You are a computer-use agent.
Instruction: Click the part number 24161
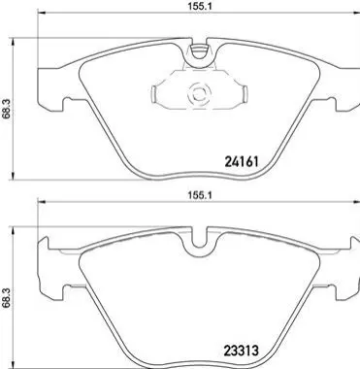pyautogui.click(x=241, y=161)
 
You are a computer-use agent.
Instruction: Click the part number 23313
pyautogui.click(x=241, y=350)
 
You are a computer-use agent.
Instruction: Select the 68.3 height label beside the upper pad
pyautogui.click(x=6, y=111)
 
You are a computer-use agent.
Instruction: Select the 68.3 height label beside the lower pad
pyautogui.click(x=6, y=299)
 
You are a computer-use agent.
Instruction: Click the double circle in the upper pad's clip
pyautogui.click(x=198, y=94)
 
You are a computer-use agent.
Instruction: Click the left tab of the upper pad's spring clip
pyautogui.click(x=154, y=94)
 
